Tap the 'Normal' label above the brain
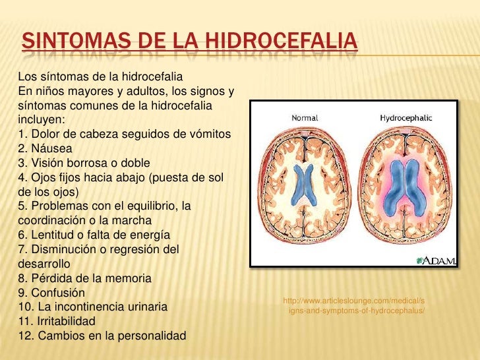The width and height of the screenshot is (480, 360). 305,118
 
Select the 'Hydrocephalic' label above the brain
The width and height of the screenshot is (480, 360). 405,118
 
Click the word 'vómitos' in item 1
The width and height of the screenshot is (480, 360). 209,135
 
